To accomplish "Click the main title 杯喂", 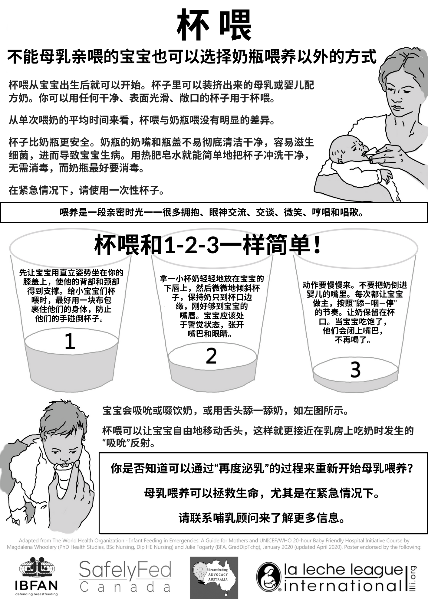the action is click(214, 25).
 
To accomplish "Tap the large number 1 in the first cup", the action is click(70, 341).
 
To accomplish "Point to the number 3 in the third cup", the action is click(355, 370).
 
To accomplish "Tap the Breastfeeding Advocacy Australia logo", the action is click(214, 578).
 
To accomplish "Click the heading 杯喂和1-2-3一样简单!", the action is click(208, 245).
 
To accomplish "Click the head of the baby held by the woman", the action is click(345, 150).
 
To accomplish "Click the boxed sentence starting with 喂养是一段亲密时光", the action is click(212, 213).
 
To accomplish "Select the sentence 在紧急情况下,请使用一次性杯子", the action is click(87, 190).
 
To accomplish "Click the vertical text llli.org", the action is click(413, 578).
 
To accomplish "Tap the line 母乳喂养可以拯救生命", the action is click(262, 493).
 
